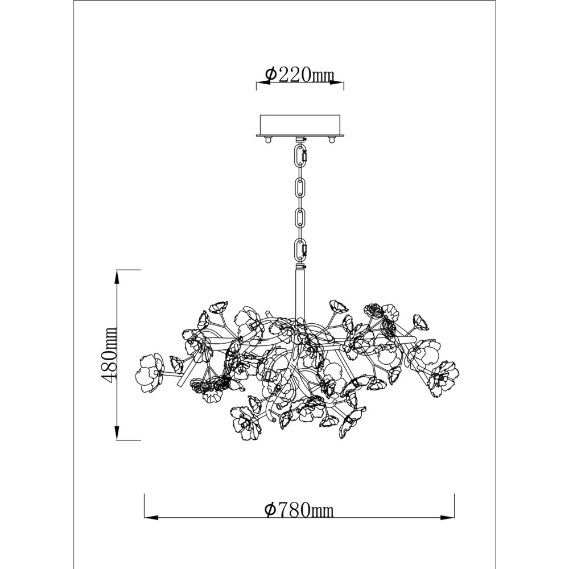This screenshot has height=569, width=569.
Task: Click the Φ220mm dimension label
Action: [299, 75]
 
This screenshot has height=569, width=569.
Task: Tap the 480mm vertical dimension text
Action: [109, 354]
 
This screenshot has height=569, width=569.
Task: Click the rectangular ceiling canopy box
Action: [300, 125]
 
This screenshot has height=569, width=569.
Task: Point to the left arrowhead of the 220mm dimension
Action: [263, 83]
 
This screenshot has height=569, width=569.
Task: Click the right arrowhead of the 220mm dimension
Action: [337, 83]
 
